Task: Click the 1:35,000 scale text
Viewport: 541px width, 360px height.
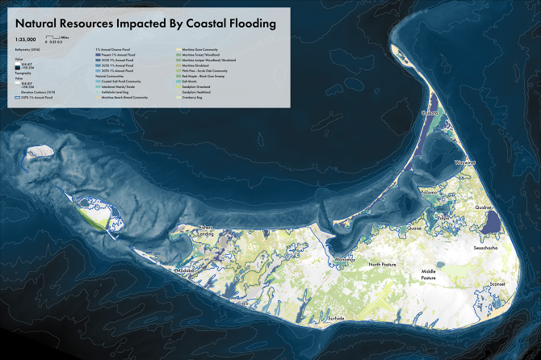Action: click(x=27, y=40)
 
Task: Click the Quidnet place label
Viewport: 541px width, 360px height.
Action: click(x=484, y=207)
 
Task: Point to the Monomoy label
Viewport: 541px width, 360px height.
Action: click(x=344, y=260)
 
